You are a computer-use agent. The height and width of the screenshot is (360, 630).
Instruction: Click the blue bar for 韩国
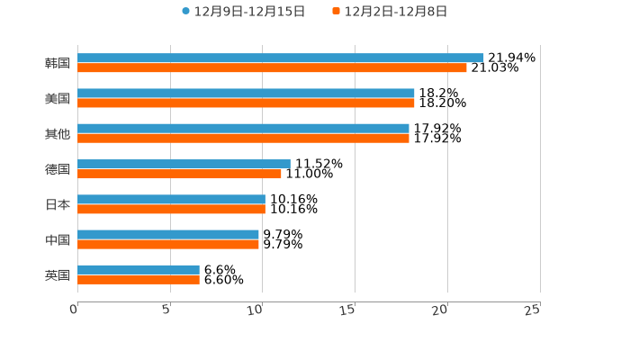[281, 58]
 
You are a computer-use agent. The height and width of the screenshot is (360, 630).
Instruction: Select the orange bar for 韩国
[272, 67]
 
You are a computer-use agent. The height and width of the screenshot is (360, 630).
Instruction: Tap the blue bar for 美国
[246, 93]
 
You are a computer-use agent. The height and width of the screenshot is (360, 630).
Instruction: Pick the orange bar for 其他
[243, 138]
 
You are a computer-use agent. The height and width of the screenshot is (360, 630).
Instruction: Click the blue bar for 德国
[184, 164]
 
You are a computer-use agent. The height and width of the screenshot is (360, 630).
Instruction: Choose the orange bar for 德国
[179, 174]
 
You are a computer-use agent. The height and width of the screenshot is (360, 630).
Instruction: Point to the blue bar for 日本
[171, 199]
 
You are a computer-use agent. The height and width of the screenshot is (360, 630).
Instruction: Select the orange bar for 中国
[168, 244]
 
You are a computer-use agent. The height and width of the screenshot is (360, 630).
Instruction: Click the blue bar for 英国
[139, 269]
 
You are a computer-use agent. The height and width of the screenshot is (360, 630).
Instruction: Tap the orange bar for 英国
[139, 279]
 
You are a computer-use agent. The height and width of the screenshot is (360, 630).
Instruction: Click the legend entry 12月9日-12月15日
[243, 12]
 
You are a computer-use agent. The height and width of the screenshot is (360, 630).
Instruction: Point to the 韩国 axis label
[58, 63]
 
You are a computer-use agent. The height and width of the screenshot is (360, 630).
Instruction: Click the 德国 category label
[58, 169]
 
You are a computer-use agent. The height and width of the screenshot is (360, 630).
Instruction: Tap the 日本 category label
[58, 204]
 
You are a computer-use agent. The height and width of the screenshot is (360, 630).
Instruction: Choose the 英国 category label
[58, 274]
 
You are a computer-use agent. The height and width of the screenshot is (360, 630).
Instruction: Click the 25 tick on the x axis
[533, 310]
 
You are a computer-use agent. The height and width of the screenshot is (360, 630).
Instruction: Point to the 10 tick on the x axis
[256, 310]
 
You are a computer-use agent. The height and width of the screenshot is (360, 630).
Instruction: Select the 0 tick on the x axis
[75, 310]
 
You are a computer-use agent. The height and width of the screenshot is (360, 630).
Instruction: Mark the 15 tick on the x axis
[348, 310]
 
